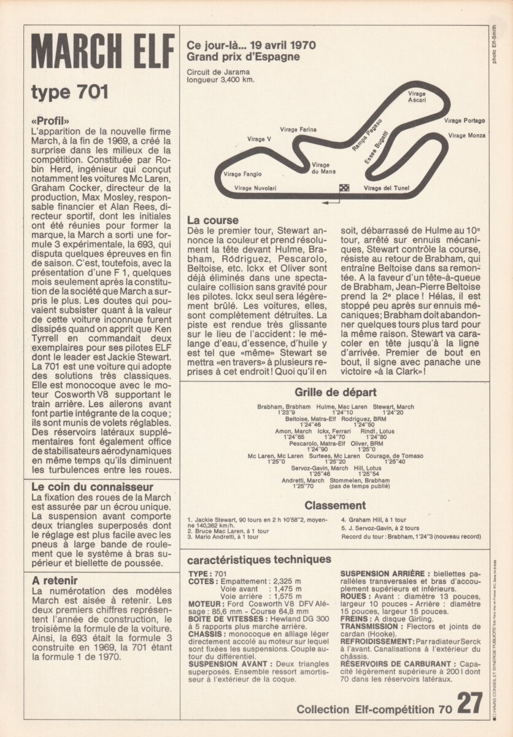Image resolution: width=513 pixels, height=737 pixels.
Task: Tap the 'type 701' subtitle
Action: [x=69, y=93]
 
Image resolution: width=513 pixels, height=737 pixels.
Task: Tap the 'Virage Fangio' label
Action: [x=242, y=174]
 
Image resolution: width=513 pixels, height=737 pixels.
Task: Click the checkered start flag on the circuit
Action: [x=344, y=188]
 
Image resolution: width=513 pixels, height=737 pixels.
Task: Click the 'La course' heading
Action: [x=213, y=220]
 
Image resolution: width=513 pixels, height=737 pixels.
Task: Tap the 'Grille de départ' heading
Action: [x=335, y=392]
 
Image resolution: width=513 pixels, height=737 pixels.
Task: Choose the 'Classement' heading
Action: [x=335, y=505]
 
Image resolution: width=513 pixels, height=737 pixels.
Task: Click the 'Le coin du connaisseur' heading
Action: [x=92, y=488]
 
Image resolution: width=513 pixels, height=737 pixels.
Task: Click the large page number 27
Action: [x=470, y=703]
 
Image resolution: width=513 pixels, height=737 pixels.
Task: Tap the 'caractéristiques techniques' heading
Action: [x=259, y=560]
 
